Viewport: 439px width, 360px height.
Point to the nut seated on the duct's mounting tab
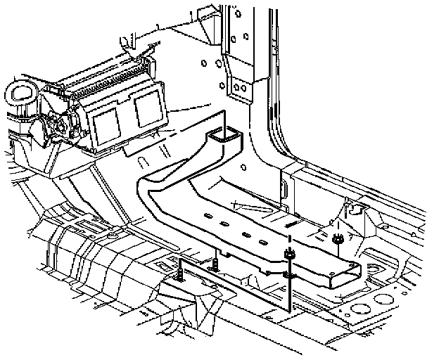[288, 254]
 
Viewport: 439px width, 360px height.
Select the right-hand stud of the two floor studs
[215, 263]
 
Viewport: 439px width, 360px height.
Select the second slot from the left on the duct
[224, 224]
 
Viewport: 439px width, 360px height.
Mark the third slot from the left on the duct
[244, 231]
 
